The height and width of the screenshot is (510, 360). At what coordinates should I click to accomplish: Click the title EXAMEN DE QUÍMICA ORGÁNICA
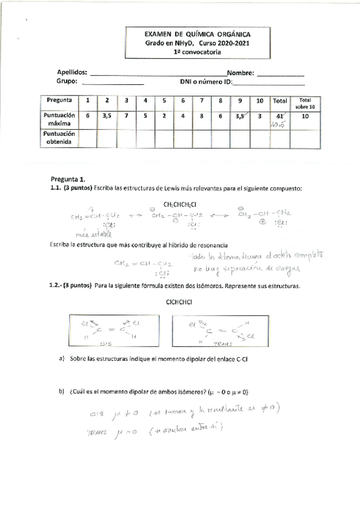pos(189,35)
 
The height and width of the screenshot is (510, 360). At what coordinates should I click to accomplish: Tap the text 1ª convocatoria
pos(189,52)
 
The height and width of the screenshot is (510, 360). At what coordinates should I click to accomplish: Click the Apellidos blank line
pos(156,75)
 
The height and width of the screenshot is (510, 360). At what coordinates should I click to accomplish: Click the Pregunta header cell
pos(58,100)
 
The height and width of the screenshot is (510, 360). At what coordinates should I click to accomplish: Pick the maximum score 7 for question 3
pos(125,116)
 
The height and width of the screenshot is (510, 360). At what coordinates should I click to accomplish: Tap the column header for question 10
pos(260,100)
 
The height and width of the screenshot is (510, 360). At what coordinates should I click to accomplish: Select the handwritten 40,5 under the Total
pos(277,124)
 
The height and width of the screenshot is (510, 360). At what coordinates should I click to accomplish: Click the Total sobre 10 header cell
pos(305,102)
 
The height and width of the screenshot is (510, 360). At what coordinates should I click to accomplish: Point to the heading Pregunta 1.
pos(69,179)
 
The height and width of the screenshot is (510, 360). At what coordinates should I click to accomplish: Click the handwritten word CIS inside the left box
pos(106,345)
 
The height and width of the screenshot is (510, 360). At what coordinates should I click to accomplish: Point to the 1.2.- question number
pos(57,287)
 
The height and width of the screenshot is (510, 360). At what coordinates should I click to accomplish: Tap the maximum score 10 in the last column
pos(305,116)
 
